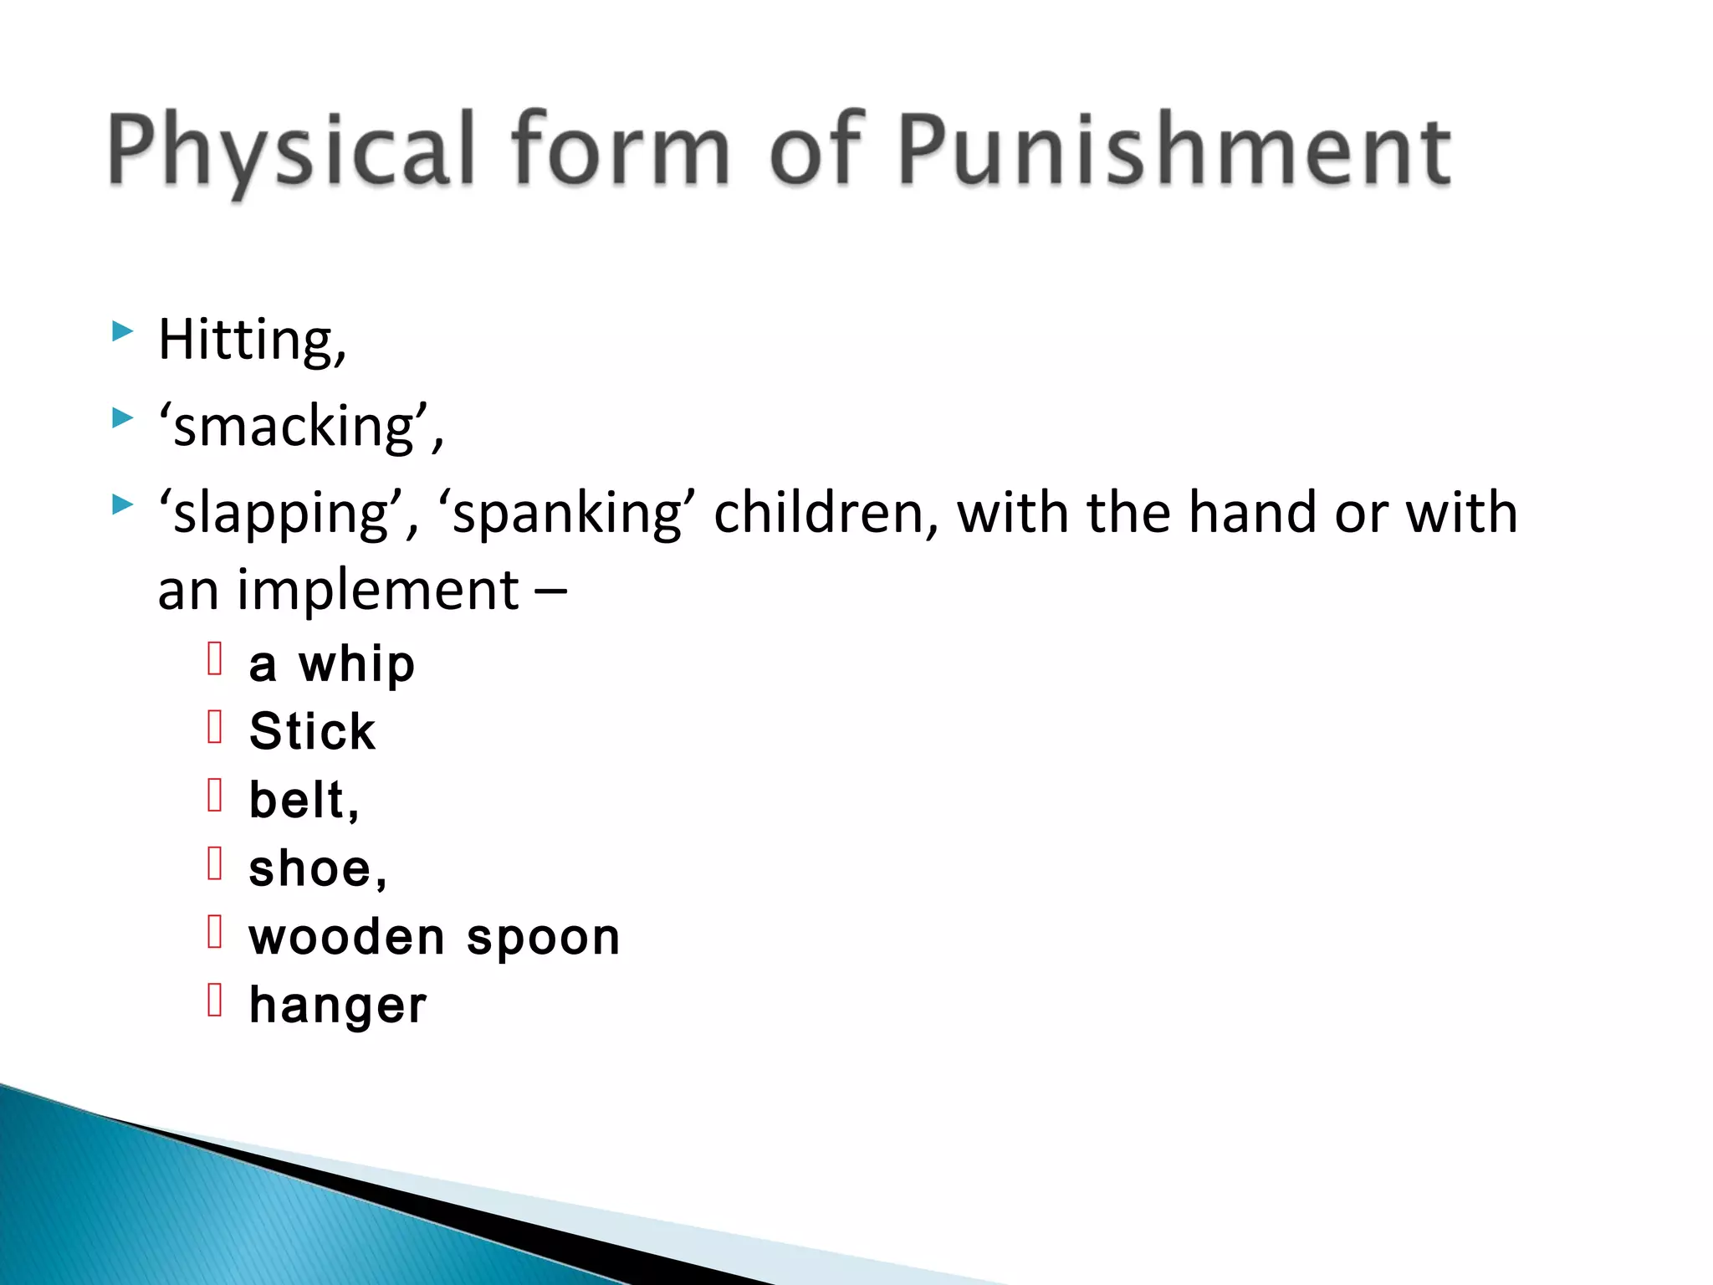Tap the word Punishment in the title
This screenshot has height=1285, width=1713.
[x=1174, y=151]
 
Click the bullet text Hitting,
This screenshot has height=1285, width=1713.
[x=252, y=340]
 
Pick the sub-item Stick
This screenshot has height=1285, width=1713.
[x=312, y=732]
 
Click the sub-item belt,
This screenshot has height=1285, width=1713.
[x=304, y=801]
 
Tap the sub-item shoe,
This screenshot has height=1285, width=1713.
[x=318, y=869]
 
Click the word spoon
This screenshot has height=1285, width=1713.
[x=543, y=939]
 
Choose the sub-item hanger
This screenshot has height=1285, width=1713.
[x=338, y=1006]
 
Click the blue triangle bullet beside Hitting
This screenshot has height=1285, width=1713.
[x=122, y=332]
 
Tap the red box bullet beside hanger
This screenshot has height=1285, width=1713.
[x=215, y=1000]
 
